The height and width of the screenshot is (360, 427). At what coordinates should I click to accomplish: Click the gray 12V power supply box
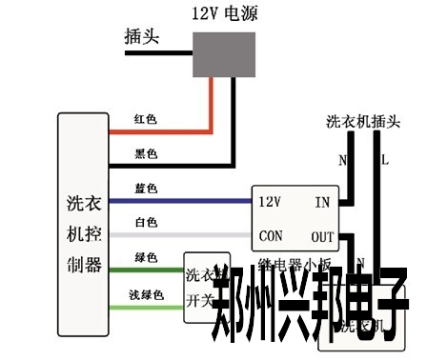(x=225, y=52)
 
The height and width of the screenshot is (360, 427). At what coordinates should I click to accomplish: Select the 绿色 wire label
(x=146, y=258)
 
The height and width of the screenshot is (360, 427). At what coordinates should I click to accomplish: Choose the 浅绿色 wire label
(x=147, y=295)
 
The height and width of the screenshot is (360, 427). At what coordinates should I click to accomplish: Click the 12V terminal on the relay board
(x=270, y=202)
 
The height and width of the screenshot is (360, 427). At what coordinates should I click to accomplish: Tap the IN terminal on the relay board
(x=322, y=202)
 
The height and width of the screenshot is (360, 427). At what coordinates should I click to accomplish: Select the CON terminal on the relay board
(x=270, y=235)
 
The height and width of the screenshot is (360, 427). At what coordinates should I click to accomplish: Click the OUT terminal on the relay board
(x=322, y=235)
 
